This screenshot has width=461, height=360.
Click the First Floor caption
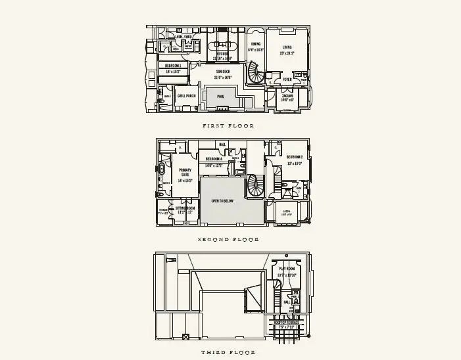click(x=228, y=125)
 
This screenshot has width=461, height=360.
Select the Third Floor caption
click(x=228, y=353)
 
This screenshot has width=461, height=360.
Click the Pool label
click(x=222, y=96)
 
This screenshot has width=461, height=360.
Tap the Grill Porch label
click(x=187, y=96)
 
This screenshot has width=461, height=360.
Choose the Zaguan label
click(x=287, y=96)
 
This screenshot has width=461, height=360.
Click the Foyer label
click(x=287, y=79)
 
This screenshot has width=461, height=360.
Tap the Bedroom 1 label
click(x=174, y=66)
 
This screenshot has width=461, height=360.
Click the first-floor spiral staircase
click(x=256, y=74)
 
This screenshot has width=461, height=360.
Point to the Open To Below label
click(x=224, y=200)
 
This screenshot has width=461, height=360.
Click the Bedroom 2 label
click(x=294, y=158)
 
